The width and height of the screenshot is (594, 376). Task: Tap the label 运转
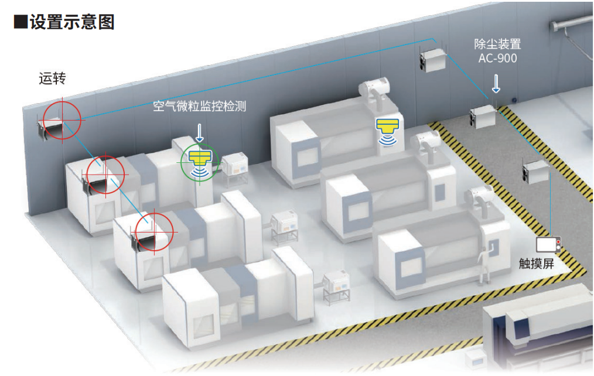[52, 78]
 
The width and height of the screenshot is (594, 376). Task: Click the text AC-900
[497, 58]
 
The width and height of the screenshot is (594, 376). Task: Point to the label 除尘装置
[497, 44]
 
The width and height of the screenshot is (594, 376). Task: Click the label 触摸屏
[536, 263]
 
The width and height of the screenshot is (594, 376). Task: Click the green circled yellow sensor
[199, 161]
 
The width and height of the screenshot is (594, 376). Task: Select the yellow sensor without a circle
[387, 128]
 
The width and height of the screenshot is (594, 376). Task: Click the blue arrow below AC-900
[496, 83]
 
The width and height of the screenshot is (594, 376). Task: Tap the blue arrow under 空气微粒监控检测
[199, 132]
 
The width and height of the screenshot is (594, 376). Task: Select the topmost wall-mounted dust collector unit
[433, 60]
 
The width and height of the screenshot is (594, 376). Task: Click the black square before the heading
[20, 22]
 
